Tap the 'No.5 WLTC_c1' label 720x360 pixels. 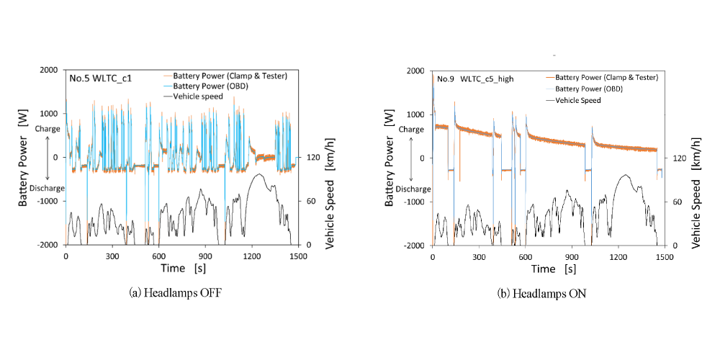(x=100, y=77)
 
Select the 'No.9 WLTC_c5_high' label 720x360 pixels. (x=475, y=78)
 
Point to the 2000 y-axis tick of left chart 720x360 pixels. (x=51, y=70)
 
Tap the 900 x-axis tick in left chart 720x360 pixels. (x=205, y=256)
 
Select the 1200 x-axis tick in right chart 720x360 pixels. (x=618, y=256)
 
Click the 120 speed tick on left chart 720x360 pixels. (x=307, y=157)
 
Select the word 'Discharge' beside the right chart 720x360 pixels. (x=413, y=189)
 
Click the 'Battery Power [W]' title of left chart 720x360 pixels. (x=23, y=158)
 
